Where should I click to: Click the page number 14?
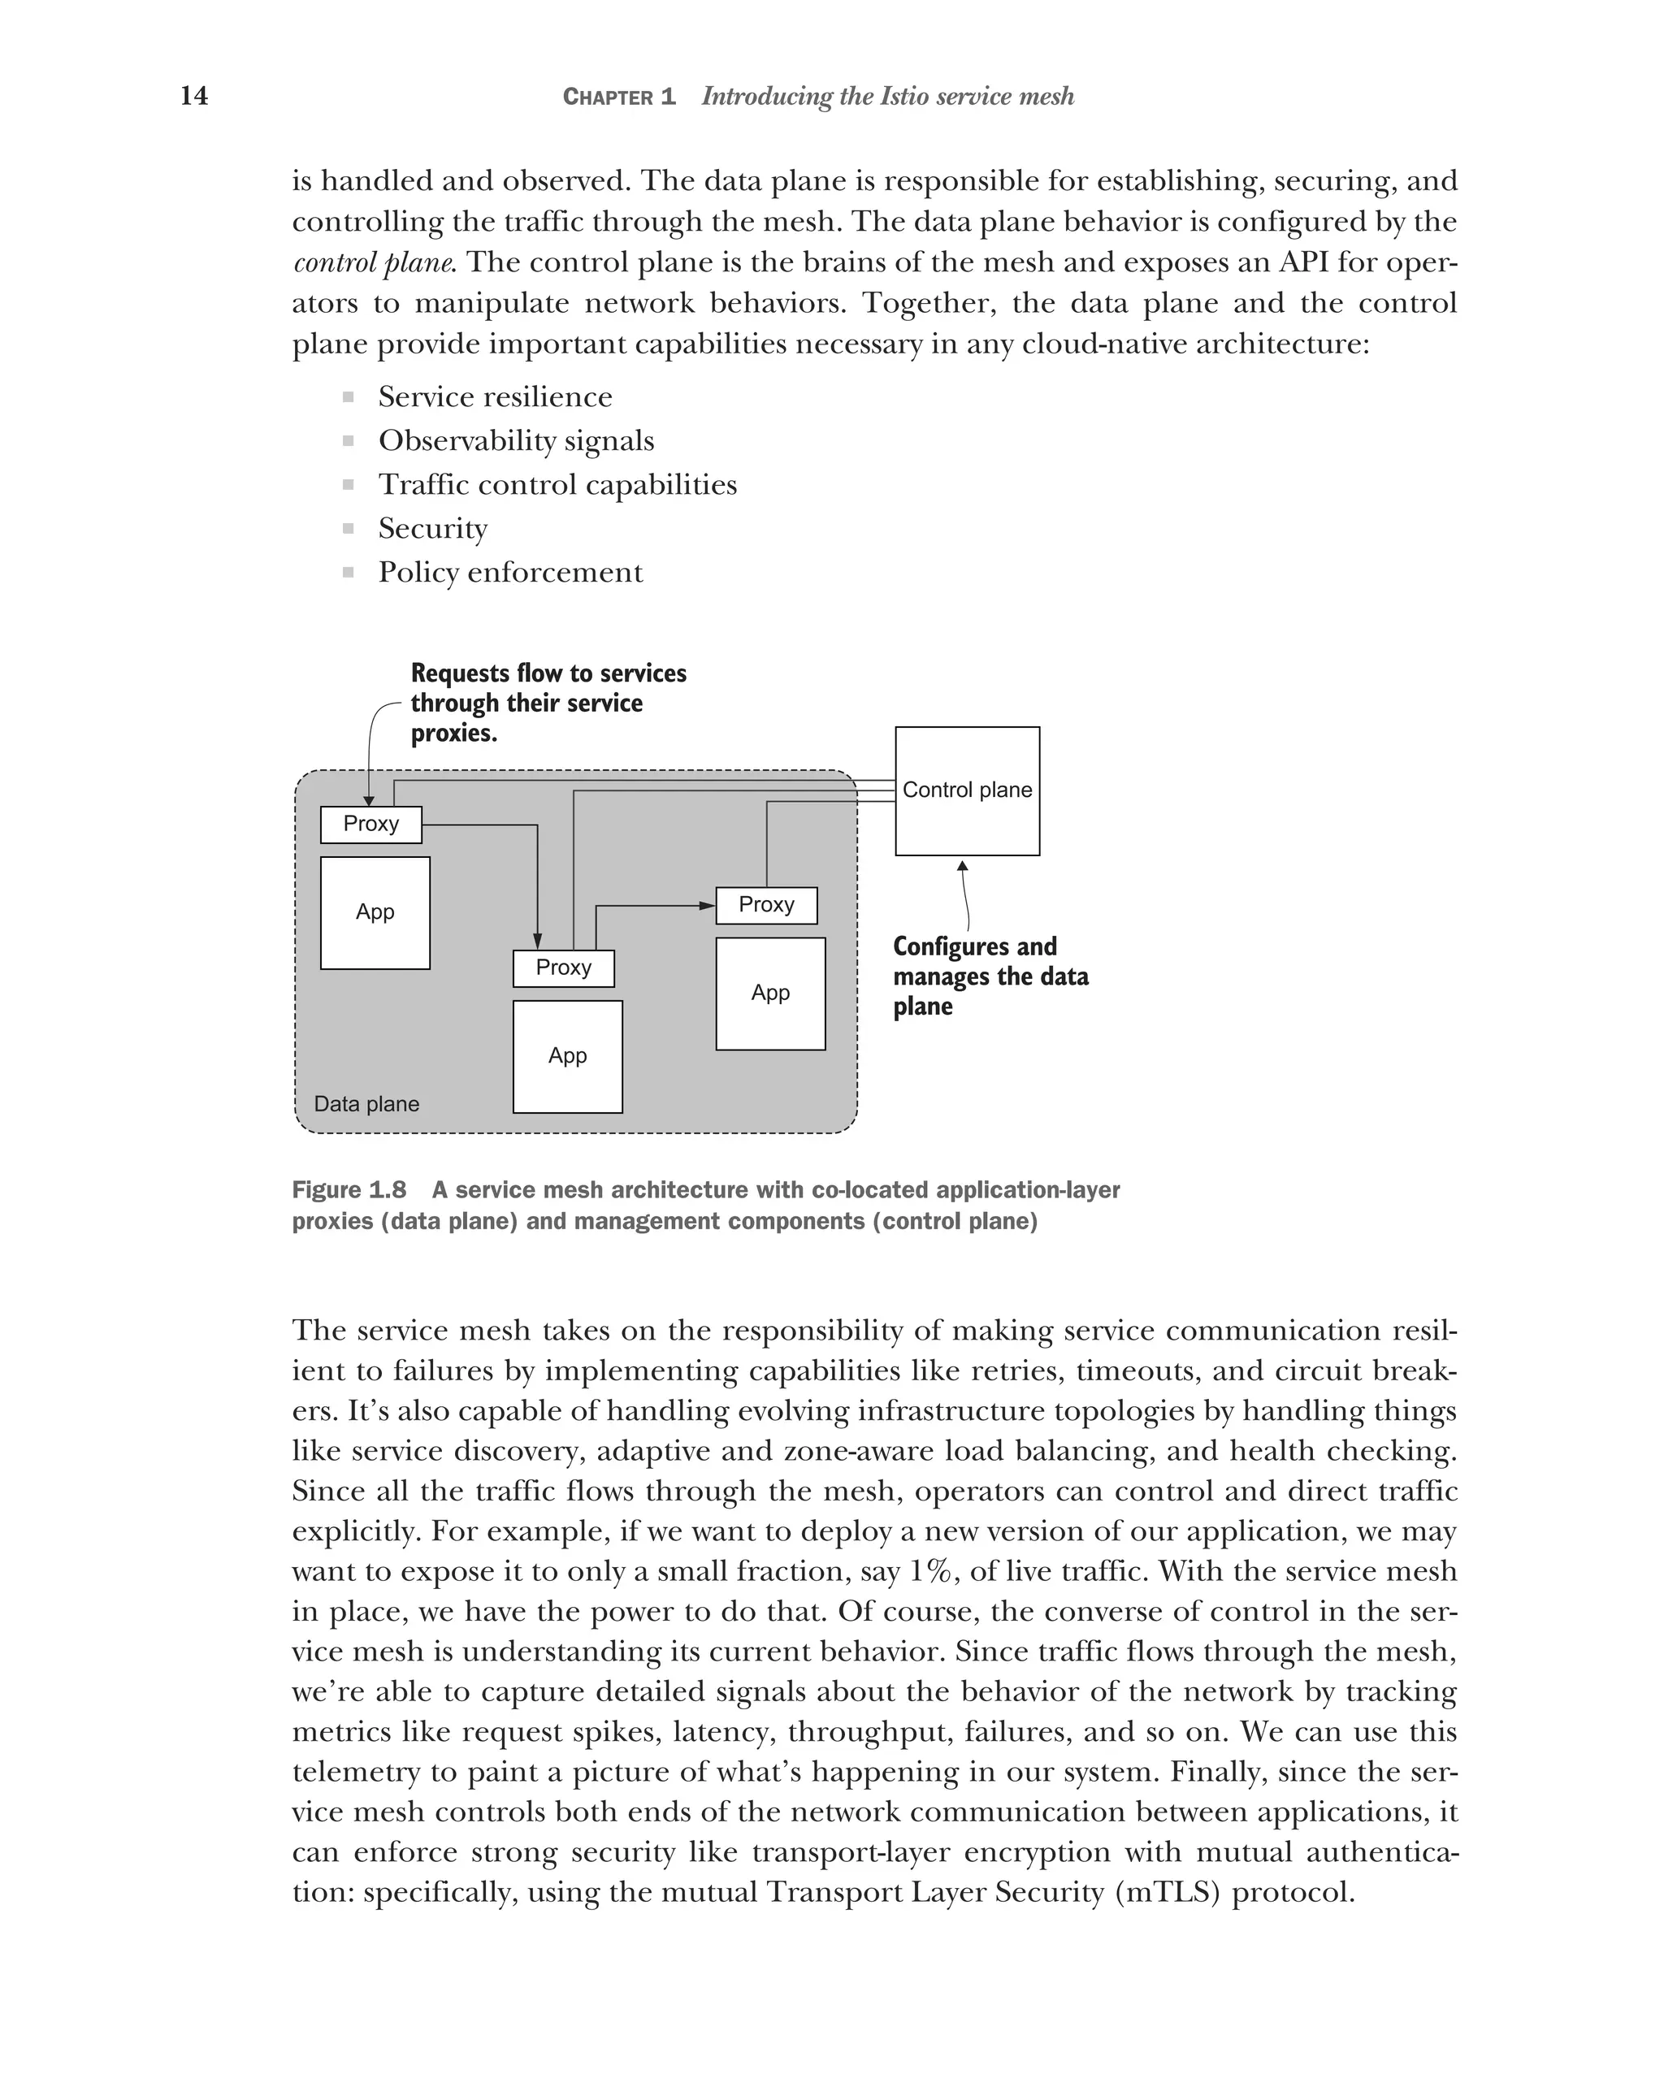[193, 96]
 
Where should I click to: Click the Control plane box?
[966, 791]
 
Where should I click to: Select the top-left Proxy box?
[370, 824]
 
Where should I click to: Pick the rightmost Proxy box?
[765, 904]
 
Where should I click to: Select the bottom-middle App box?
[567, 1055]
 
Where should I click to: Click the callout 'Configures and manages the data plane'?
[990, 976]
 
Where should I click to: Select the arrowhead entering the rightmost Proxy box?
[708, 905]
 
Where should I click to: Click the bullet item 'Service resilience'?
[495, 397]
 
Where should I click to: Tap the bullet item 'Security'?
[433, 529]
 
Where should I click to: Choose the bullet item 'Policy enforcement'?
[510, 572]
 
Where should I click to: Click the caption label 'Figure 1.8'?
[349, 1189]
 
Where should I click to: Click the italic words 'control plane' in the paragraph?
[373, 262]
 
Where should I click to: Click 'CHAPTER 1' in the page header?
[618, 97]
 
